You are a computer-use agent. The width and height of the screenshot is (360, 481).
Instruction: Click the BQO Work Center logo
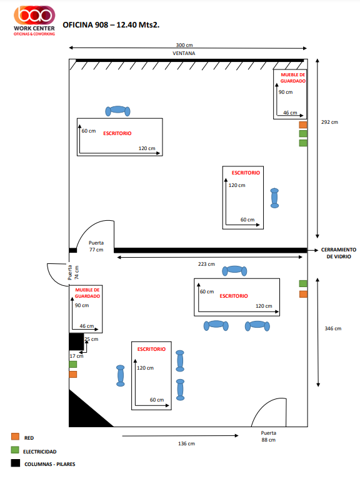tap(34, 21)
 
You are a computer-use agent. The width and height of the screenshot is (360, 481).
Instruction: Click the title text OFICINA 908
tap(85, 25)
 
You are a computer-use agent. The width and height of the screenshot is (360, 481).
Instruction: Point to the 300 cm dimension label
tap(184, 45)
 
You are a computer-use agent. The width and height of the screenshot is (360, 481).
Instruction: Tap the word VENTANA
tap(184, 53)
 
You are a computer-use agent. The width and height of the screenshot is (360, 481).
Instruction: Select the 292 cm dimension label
tap(329, 122)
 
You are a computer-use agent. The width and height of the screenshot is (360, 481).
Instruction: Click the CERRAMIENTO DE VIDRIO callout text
tap(339, 253)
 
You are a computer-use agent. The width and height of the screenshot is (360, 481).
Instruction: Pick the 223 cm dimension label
tap(206, 264)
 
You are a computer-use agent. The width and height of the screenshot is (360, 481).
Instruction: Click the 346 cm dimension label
tap(333, 328)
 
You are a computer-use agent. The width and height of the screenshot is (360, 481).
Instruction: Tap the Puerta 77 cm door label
tap(96, 246)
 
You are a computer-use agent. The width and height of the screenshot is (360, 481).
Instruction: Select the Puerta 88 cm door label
tap(269, 436)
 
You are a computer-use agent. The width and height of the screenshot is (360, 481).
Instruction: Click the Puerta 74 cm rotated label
tap(73, 273)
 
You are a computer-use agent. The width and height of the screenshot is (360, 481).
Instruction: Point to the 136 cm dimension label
tap(186, 443)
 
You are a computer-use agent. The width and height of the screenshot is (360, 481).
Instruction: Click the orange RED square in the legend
tap(15, 437)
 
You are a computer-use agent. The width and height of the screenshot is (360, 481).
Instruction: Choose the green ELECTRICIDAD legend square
tap(15, 450)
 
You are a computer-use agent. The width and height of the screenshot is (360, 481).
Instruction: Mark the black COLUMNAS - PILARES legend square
tap(16, 463)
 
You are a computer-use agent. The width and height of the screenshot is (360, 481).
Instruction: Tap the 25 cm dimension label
tap(91, 339)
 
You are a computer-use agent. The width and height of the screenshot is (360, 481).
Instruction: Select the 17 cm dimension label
tap(76, 356)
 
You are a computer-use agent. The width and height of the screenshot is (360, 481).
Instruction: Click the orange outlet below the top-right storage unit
tap(303, 125)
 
